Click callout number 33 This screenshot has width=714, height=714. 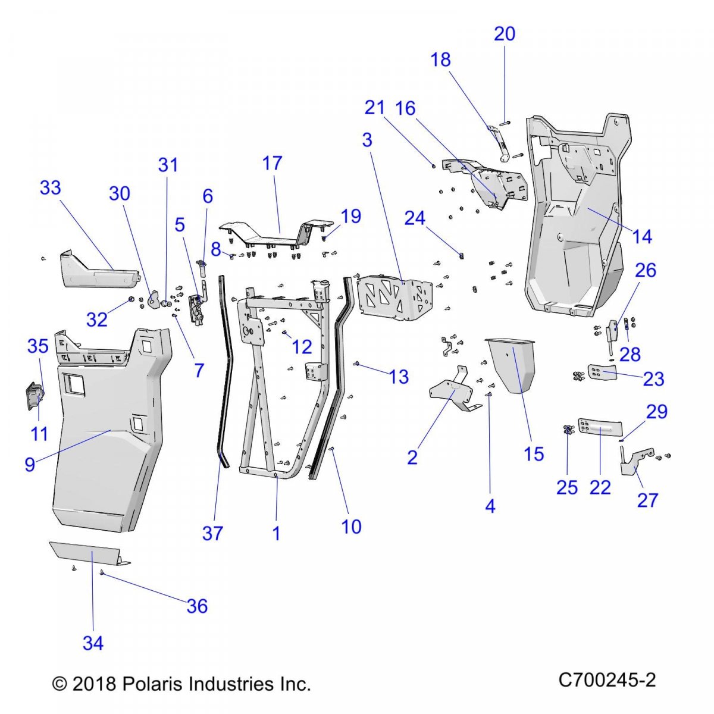[x=51, y=187]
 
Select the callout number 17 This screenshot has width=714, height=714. [x=272, y=163]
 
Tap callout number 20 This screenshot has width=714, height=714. [x=505, y=34]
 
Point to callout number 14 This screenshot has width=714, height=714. [x=642, y=236]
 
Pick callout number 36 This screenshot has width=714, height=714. [x=197, y=606]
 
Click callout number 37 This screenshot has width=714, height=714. [x=212, y=533]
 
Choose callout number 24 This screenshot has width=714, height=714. [x=415, y=218]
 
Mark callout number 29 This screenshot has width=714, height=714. [x=657, y=412]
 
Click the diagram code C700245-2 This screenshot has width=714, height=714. [x=607, y=680]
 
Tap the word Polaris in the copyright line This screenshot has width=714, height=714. [x=151, y=684]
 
